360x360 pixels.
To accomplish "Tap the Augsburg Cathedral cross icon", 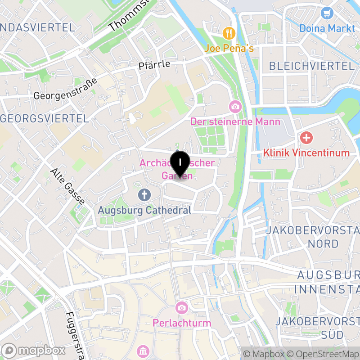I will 144,195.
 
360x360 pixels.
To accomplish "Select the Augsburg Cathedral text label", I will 144,210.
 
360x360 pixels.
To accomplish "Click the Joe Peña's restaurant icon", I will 229,33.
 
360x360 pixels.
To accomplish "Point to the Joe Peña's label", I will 229,47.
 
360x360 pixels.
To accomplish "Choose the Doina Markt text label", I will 328,28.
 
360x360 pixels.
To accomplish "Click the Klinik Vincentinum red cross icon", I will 306,137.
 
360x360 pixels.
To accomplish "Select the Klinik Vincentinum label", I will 306,153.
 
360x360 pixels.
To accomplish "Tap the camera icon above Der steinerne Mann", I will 235,107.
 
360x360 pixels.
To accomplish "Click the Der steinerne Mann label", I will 235,121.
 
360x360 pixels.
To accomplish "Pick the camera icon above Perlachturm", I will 182,308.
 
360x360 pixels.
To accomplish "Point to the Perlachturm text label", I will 182,323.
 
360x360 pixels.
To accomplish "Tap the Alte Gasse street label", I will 68,186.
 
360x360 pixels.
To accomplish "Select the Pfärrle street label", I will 154,64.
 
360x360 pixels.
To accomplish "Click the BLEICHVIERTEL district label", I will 311,66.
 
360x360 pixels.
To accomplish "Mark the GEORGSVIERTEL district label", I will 45,118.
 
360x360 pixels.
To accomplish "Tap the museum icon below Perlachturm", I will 143,351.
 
